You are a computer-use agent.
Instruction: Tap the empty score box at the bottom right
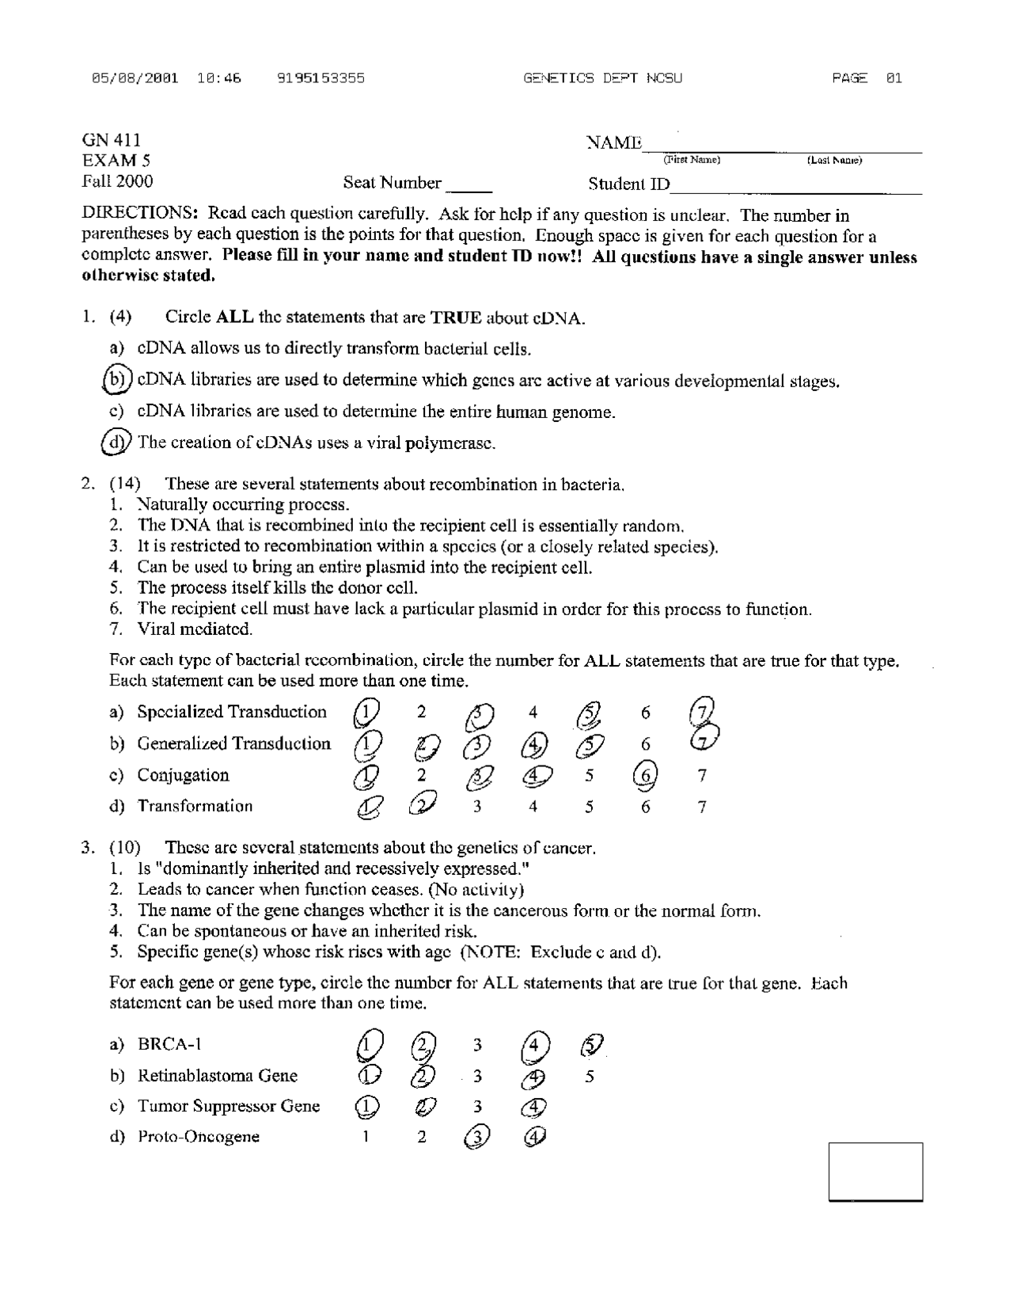point(875,1171)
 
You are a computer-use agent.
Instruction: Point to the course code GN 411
point(112,140)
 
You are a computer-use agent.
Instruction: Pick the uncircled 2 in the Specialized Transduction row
point(422,712)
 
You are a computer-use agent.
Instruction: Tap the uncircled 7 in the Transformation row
point(702,807)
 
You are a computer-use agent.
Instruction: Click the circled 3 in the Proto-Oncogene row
point(476,1137)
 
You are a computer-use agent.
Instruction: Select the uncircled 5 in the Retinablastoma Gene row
point(589,1077)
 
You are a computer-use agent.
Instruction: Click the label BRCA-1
point(169,1043)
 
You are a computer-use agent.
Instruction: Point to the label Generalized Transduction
point(233,743)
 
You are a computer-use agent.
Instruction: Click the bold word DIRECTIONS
point(139,215)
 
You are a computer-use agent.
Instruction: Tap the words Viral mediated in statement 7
point(195,629)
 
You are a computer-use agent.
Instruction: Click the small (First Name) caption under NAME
point(692,160)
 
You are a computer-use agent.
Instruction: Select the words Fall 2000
point(118,181)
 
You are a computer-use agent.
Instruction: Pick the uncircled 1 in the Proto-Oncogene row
point(366,1137)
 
